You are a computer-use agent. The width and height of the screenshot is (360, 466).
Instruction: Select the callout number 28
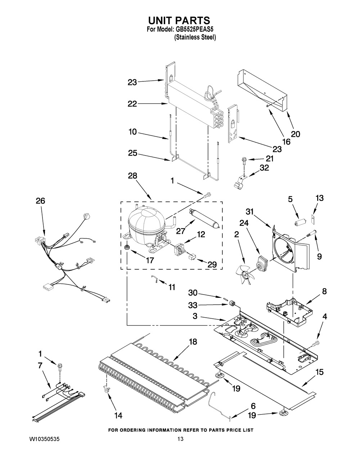pos(132,176)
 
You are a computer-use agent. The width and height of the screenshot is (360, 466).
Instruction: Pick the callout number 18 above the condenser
pos(193,342)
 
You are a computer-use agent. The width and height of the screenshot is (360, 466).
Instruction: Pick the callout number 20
pos(296,134)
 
